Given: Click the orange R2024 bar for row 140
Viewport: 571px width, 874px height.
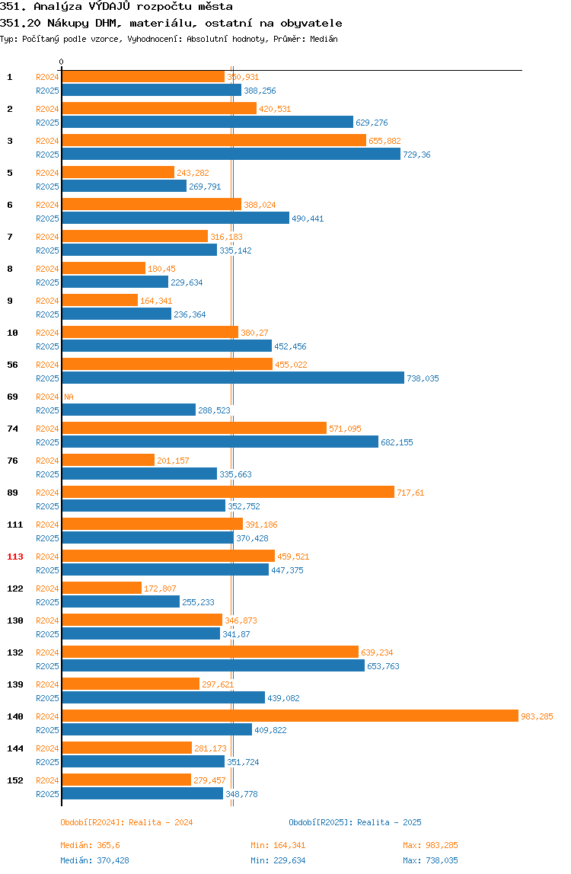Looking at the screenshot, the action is pyautogui.click(x=290, y=716).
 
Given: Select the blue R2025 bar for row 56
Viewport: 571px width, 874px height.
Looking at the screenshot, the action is pyautogui.click(x=233, y=378).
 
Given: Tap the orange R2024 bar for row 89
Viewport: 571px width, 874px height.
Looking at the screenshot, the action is pyautogui.click(x=228, y=492).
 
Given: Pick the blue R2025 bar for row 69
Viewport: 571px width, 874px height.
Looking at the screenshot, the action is pyautogui.click(x=129, y=410).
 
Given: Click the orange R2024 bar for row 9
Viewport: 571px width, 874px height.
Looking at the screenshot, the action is pyautogui.click(x=100, y=300).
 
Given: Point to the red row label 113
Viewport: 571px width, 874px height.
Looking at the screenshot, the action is pyautogui.click(x=15, y=557).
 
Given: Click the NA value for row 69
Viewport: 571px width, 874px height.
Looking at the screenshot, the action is pyautogui.click(x=69, y=397).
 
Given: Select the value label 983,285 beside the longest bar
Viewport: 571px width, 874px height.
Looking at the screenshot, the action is pyautogui.click(x=537, y=716).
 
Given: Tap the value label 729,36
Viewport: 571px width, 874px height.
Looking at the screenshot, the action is pyautogui.click(x=416, y=155).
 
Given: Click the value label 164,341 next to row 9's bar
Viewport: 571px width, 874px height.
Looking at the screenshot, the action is pyautogui.click(x=156, y=301).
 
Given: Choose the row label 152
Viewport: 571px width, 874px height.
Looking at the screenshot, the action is pyautogui.click(x=15, y=780).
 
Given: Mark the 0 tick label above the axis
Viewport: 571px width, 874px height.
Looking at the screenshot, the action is pyautogui.click(x=62, y=62).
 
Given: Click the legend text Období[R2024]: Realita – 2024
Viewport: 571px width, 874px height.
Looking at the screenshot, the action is pyautogui.click(x=126, y=822).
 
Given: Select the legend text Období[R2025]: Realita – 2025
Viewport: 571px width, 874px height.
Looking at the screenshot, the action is pyautogui.click(x=356, y=822).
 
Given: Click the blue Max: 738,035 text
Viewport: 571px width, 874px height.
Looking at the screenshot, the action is pyautogui.click(x=430, y=860).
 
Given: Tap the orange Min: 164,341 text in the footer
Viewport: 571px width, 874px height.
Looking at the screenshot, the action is pyautogui.click(x=278, y=845).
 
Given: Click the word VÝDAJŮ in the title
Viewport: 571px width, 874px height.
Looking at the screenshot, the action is pyautogui.click(x=110, y=6).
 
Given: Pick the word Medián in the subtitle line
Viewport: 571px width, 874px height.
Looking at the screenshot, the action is pyautogui.click(x=324, y=39).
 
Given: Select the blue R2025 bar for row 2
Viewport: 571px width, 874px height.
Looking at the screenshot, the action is pyautogui.click(x=207, y=122).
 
